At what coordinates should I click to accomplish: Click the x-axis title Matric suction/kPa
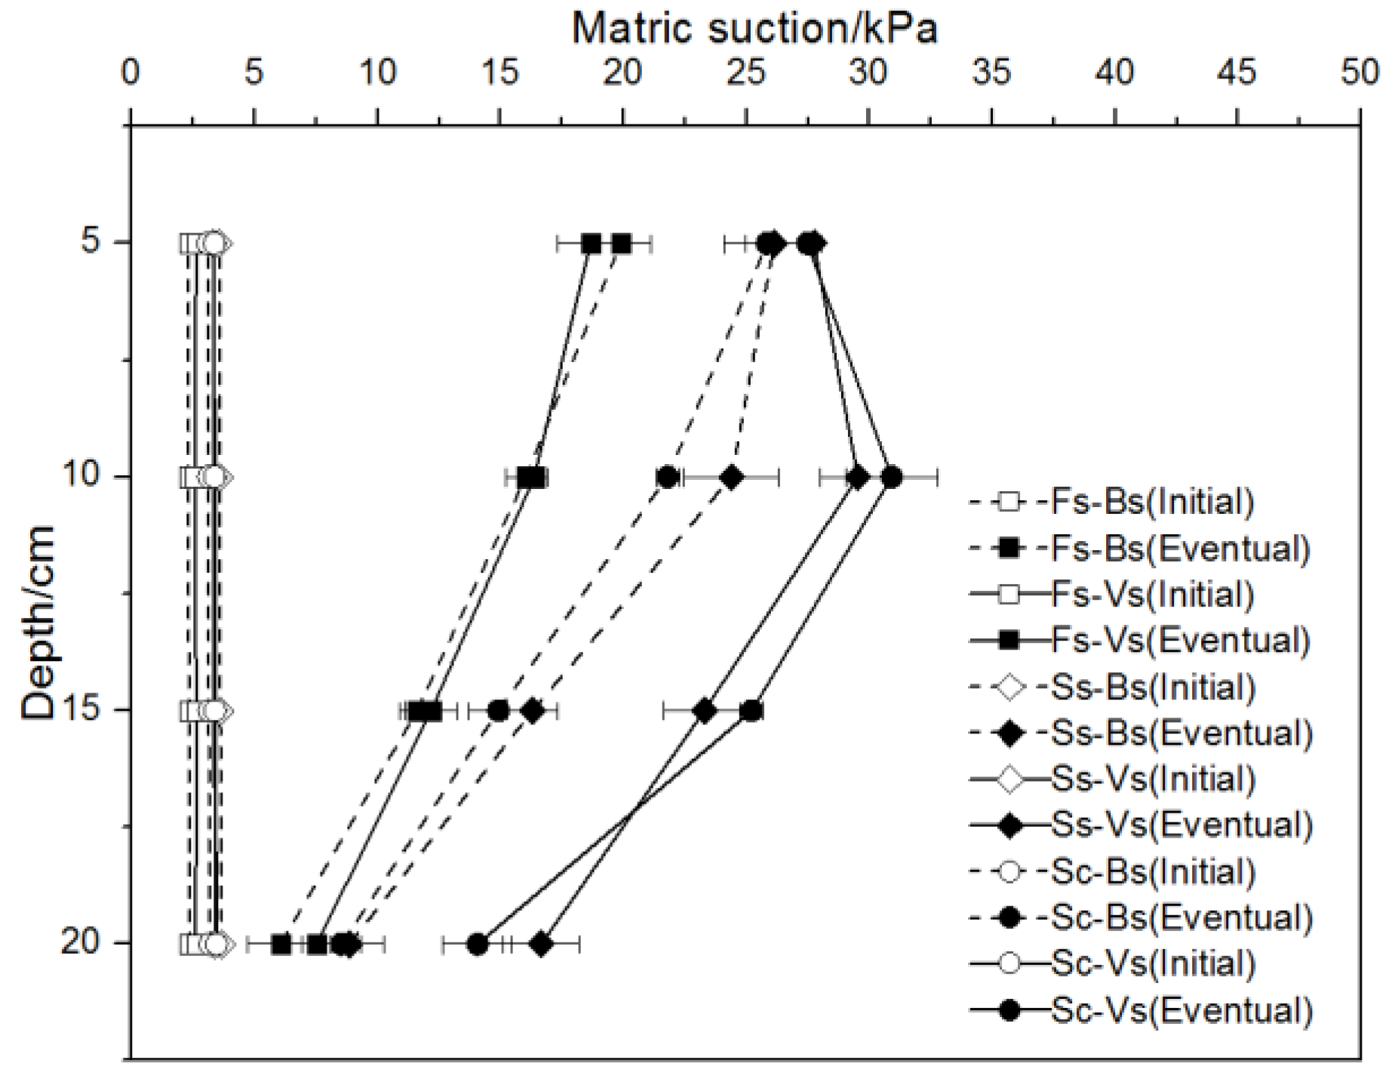(754, 29)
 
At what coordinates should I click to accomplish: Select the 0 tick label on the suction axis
(131, 72)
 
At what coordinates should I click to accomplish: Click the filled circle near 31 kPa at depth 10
(892, 478)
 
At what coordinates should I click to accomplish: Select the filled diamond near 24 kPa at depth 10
(731, 478)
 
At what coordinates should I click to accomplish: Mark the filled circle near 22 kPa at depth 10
(667, 478)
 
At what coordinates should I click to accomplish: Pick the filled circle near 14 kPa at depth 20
(477, 944)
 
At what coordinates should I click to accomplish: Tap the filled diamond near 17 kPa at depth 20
(541, 944)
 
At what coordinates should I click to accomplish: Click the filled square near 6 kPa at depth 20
(281, 944)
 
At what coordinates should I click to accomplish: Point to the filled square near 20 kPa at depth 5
(621, 244)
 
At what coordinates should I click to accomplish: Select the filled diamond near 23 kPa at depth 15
(704, 711)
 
